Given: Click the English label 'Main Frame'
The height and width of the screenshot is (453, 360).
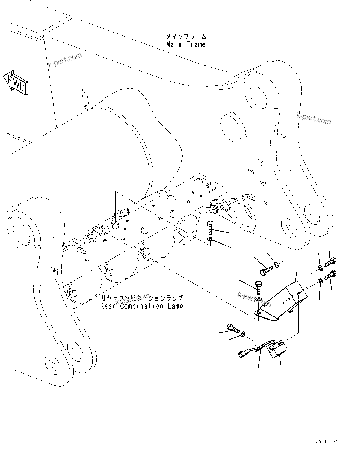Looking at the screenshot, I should coord(186,45).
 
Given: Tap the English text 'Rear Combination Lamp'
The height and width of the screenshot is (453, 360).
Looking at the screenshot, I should coord(141,307).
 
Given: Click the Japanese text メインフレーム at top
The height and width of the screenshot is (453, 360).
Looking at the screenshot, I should coord(186,36).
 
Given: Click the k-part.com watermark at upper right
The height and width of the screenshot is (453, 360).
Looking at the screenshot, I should coord(313,118).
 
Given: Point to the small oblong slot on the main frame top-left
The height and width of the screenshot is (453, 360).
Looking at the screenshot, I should coord(84,99).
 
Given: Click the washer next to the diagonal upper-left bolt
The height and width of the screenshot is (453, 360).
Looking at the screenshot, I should coord(276,264).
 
